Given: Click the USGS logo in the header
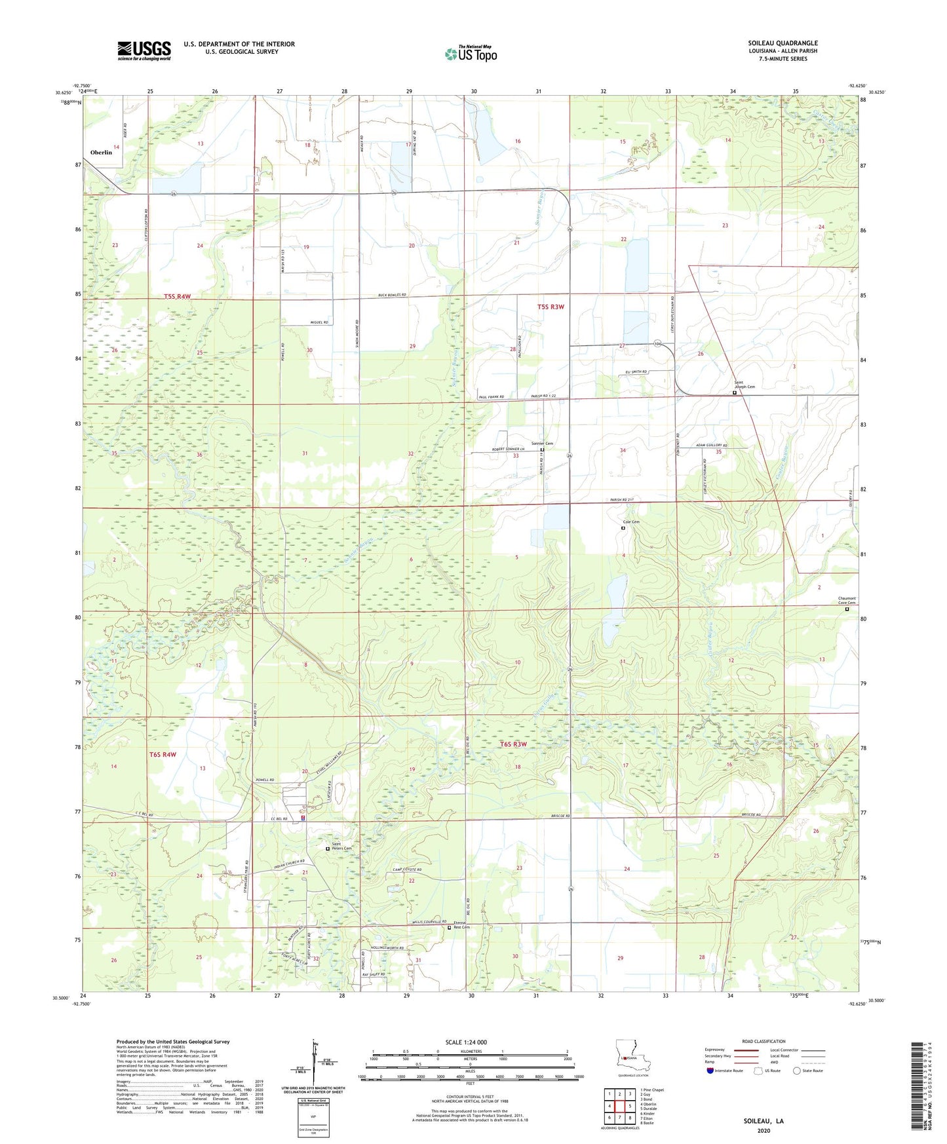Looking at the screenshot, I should (144, 50).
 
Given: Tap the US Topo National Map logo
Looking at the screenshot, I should (471, 53).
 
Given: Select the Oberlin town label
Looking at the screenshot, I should (101, 152).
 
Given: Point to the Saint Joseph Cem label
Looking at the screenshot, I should (744, 385).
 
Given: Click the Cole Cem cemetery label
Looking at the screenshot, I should (630, 522).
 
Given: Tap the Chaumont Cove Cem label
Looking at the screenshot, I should (847, 601).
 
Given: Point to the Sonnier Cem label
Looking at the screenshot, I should (542, 444).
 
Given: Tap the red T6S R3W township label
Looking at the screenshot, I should (513, 744).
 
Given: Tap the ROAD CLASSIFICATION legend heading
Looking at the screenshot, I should (763, 1041).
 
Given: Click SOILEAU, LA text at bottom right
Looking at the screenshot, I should (763, 1121).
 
